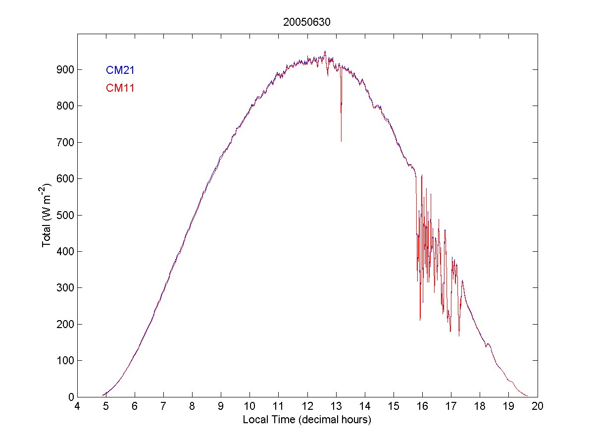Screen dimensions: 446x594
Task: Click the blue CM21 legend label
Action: click(120, 70)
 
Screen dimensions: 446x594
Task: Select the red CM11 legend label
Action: click(120, 88)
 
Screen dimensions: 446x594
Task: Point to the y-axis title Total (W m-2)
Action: click(48, 215)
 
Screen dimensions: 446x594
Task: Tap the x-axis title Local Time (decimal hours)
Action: click(307, 420)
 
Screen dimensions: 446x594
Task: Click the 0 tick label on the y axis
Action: click(70, 397)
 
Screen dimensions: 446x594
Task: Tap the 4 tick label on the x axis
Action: click(77, 406)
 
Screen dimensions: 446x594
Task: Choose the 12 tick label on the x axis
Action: click(307, 406)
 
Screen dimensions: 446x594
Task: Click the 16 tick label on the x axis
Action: click(422, 406)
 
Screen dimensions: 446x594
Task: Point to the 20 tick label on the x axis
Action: click(538, 406)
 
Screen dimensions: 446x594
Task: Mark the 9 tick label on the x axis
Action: click(221, 406)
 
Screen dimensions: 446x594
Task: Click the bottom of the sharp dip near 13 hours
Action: click(341, 141)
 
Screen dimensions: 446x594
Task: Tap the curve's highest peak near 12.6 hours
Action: click(325, 51)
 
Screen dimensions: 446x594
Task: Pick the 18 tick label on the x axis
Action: click(480, 406)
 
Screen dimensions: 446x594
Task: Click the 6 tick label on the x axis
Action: click(135, 406)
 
